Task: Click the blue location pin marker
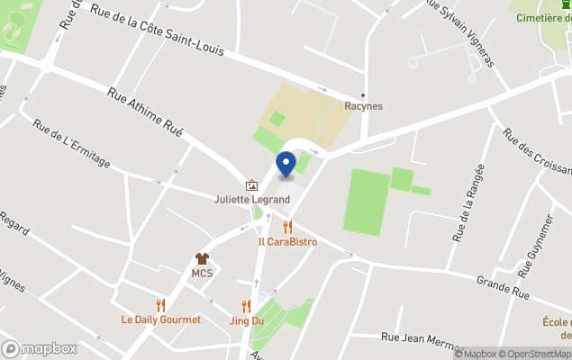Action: coord(286,164)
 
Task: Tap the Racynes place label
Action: coord(363,106)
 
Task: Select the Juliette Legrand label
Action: coord(251,199)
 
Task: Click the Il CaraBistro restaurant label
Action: coord(287,241)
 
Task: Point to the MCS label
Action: coord(202,273)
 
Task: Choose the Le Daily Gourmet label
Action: coord(161,319)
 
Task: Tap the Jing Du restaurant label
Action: coord(246,320)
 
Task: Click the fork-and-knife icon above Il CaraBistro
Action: coord(287,227)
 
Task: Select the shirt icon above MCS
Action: coord(202,258)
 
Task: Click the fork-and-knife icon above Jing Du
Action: coord(246,306)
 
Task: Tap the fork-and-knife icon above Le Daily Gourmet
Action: coord(161,305)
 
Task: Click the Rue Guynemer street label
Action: coord(534,238)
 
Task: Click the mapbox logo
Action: coord(40,348)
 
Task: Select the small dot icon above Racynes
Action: coord(363,94)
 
